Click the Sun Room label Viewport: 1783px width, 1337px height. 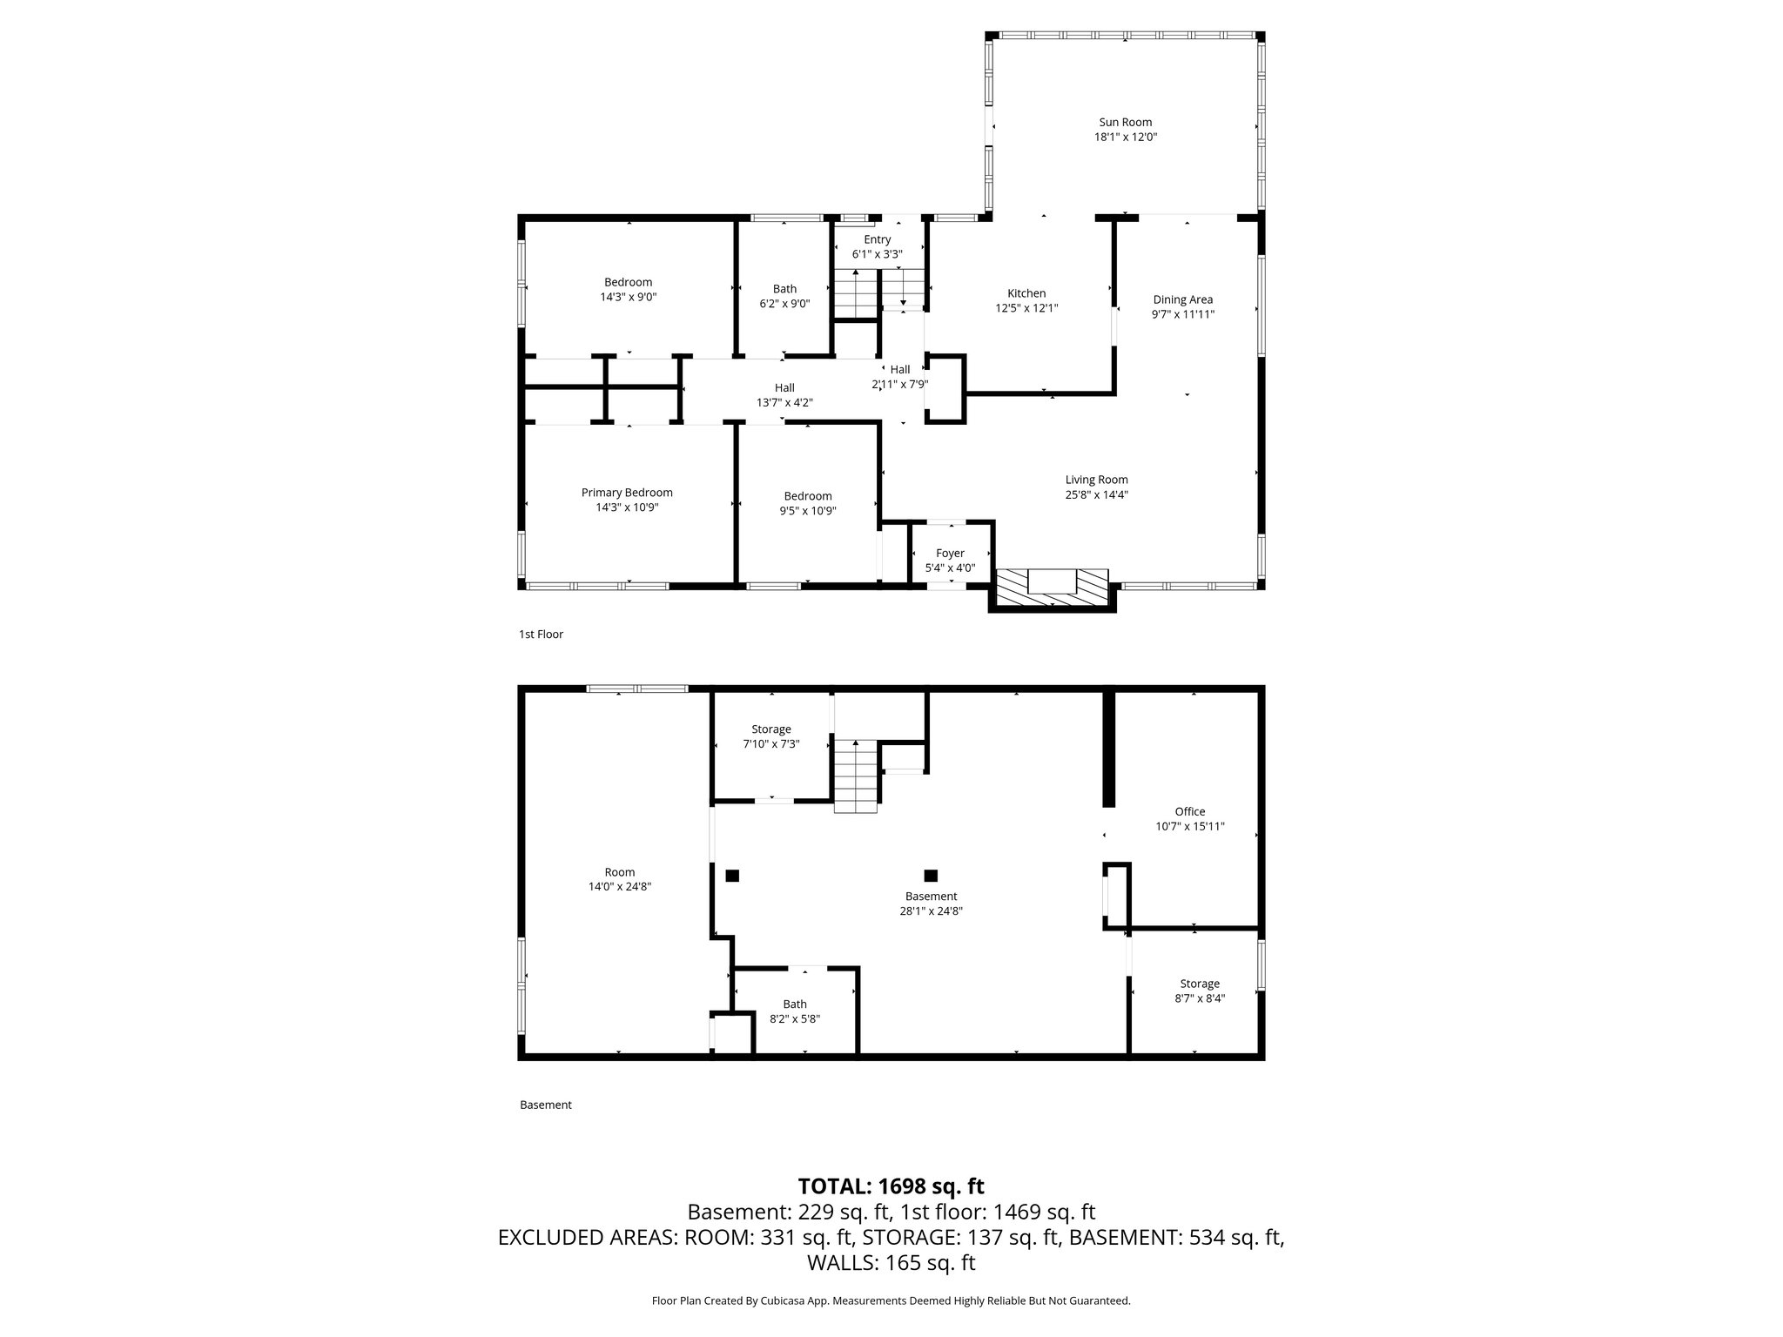click(x=1125, y=122)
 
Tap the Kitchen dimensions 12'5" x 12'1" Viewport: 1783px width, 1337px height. click(x=1026, y=308)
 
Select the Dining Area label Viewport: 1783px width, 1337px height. click(x=1182, y=299)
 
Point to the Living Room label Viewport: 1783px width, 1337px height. click(x=1096, y=480)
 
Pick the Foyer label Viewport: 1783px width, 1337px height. click(x=950, y=554)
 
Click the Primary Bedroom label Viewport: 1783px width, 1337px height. click(x=627, y=493)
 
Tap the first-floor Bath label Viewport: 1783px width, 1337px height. click(x=784, y=289)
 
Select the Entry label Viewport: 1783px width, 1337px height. click(x=877, y=239)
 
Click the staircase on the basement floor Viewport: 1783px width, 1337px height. click(x=856, y=776)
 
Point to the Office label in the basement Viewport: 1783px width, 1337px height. click(x=1190, y=811)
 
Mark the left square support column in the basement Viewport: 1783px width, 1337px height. click(x=732, y=876)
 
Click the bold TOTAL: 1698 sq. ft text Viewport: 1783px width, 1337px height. click(x=891, y=1186)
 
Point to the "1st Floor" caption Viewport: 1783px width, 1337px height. click(x=541, y=635)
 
